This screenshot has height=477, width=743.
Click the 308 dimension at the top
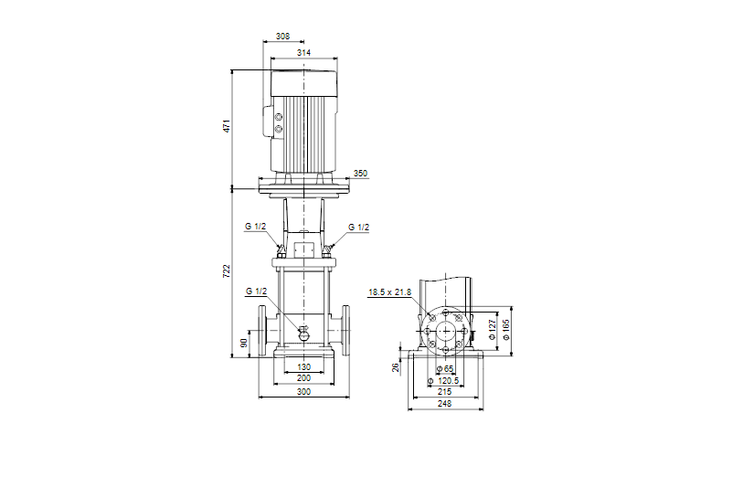click(282, 37)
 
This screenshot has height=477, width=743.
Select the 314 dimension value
click(303, 54)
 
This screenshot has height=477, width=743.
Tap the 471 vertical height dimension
click(226, 126)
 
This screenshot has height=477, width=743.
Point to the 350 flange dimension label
click(360, 173)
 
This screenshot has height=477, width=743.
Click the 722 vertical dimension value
click(226, 271)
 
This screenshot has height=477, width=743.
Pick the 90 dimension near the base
click(243, 343)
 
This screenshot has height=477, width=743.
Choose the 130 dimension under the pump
click(303, 366)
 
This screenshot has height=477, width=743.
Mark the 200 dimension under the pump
click(303, 378)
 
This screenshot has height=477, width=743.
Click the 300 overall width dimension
click(303, 391)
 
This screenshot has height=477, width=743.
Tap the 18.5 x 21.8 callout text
click(389, 292)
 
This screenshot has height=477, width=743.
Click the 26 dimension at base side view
click(396, 367)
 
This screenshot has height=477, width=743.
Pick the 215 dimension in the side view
click(445, 391)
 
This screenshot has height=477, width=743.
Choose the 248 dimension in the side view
click(445, 403)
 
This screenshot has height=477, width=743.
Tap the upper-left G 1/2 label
click(255, 227)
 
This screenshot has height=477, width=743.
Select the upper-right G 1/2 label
click(359, 227)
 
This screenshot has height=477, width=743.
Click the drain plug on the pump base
click(304, 333)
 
